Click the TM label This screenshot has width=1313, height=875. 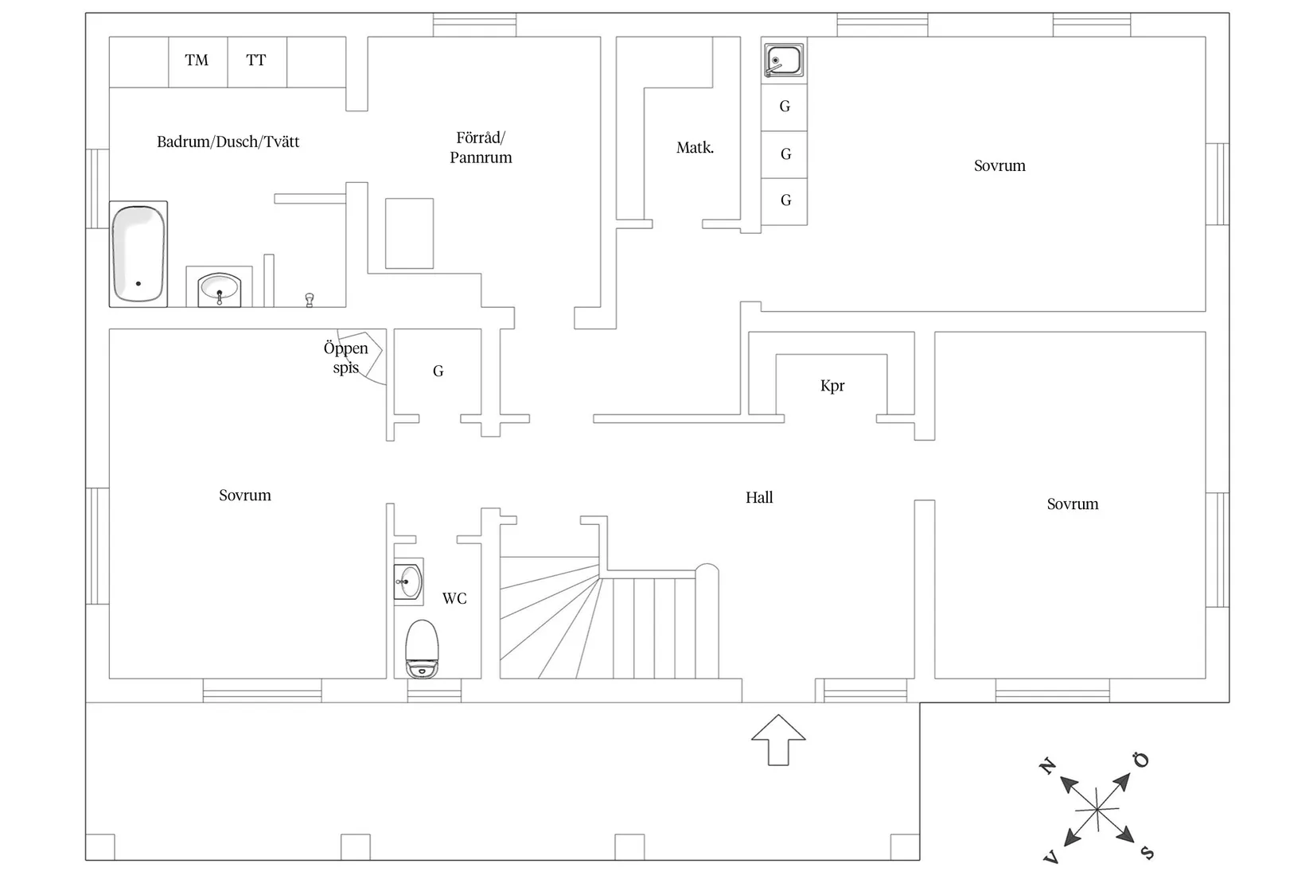tap(197, 60)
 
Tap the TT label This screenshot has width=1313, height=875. tap(255, 60)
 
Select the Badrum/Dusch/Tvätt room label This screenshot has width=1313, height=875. tap(228, 142)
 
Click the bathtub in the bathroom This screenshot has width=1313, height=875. tap(138, 254)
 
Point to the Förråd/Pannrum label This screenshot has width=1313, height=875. tap(481, 147)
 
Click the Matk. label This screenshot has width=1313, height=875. tap(695, 147)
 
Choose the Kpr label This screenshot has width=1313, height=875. tap(832, 386)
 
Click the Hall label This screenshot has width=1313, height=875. tap(759, 498)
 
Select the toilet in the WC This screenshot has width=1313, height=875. tap(422, 648)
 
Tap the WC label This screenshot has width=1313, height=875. tap(454, 598)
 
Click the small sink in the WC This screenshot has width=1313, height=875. tap(408, 581)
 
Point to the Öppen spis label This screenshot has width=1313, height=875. tap(346, 358)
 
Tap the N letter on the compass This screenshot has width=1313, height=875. tap(1048, 766)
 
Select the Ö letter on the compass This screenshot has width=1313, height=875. tap(1142, 760)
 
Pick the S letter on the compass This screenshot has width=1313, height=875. tap(1147, 853)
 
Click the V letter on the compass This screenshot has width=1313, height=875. tap(1050, 857)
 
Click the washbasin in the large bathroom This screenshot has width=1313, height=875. tap(219, 289)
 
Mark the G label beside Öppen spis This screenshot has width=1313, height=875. tap(438, 371)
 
